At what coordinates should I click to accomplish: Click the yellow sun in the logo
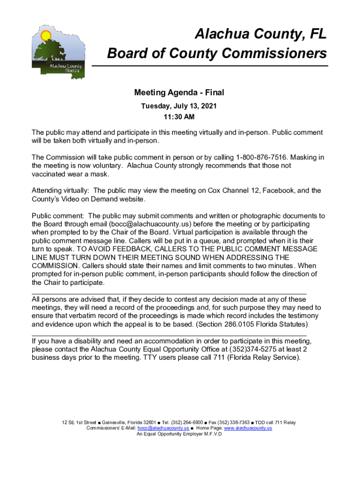45,35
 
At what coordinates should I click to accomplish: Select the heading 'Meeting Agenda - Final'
179,93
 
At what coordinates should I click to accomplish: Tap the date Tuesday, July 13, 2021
179,106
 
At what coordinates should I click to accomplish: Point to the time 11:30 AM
179,116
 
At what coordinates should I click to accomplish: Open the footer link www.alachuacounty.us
248,428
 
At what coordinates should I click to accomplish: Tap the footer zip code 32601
148,422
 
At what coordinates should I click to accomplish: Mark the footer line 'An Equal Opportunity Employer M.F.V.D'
179,434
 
